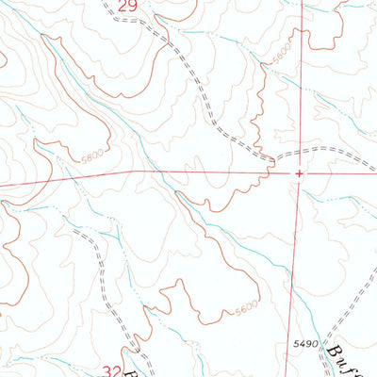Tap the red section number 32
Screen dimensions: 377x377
[112, 370]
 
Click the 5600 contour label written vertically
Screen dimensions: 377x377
[278, 57]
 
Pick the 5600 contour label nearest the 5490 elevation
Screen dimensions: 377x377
[245, 307]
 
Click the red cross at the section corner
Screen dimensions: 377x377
[299, 173]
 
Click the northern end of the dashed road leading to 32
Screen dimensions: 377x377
[75, 229]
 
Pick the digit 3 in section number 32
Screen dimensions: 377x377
[107, 370]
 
